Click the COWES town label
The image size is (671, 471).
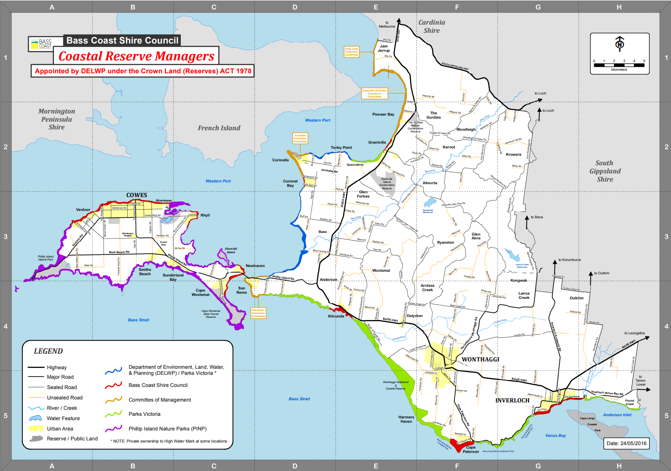click(136, 195)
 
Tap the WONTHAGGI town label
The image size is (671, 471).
click(480, 359)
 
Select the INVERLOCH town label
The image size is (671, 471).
click(512, 400)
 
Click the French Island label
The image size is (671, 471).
click(219, 128)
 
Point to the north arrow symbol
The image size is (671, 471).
click(620, 44)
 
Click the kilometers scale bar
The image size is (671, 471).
click(619, 65)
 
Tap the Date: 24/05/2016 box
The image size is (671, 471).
click(626, 443)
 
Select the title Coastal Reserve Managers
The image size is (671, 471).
click(136, 56)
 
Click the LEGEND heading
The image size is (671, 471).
click(48, 351)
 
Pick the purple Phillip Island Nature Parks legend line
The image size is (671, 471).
click(113, 429)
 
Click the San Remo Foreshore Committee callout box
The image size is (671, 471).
click(258, 313)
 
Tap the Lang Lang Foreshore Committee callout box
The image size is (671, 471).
click(351, 52)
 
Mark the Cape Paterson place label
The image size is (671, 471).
click(471, 449)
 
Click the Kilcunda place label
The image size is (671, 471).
click(336, 316)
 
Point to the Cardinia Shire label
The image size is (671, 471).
click(432, 26)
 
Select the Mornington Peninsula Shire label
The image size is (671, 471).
click(57, 119)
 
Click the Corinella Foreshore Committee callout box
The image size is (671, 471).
click(300, 138)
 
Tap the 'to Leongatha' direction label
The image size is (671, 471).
click(634, 333)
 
